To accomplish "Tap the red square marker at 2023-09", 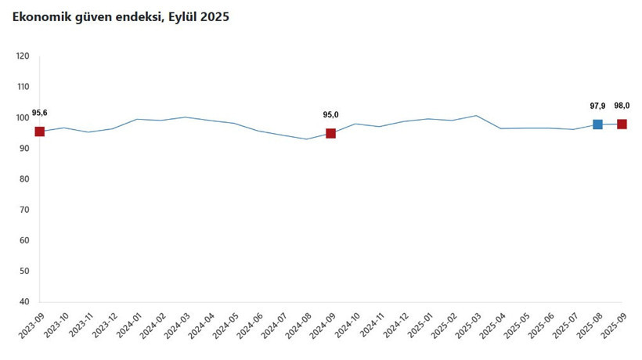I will tap(39, 131).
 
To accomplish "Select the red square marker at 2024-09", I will tap(330, 133).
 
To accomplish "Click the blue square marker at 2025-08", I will tap(597, 124).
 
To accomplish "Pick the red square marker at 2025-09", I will tap(622, 124).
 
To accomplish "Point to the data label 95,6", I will tap(40, 113).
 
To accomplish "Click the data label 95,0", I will tap(330, 115).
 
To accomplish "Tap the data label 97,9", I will tap(597, 106).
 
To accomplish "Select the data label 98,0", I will tap(622, 106).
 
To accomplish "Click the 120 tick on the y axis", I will tap(23, 56).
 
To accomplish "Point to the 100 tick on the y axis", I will tap(23, 117).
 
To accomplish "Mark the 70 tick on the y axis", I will tap(24, 210).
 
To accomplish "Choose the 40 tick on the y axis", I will tap(24, 302).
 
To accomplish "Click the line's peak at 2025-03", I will tap(476, 116).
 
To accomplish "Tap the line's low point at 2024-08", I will tap(306, 139).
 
